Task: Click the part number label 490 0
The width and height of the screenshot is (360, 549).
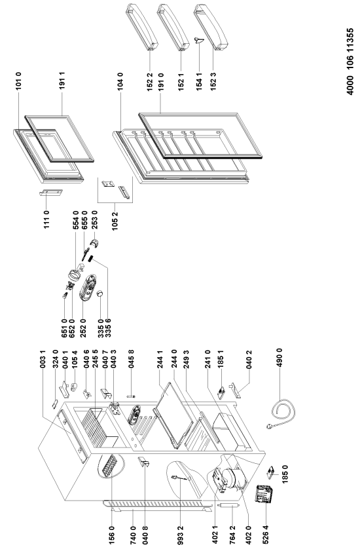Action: (x=279, y=358)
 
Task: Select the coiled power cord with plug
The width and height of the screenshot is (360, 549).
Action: (x=281, y=415)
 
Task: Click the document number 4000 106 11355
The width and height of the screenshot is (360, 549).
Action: (x=350, y=62)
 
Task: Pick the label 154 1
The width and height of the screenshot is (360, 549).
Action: (x=199, y=82)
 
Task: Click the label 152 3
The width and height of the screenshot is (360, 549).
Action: (x=213, y=82)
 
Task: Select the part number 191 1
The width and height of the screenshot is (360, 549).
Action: (x=62, y=81)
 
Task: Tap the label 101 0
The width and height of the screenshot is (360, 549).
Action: (x=18, y=81)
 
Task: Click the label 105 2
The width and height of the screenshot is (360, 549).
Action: (x=115, y=221)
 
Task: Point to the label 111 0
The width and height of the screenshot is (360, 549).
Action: (x=46, y=219)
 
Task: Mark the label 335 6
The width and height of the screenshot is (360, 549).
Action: (x=108, y=328)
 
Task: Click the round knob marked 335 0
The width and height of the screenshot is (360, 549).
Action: (x=100, y=293)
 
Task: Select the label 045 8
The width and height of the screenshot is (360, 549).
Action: (x=131, y=358)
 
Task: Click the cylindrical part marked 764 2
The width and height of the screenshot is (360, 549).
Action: (x=226, y=505)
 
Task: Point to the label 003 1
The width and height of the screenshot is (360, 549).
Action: (x=43, y=358)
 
